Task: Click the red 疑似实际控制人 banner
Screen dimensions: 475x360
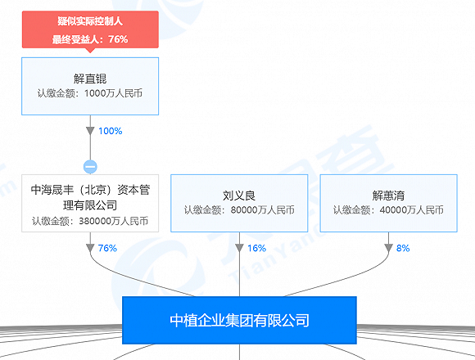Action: (90, 29)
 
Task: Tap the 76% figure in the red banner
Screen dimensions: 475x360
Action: (118, 39)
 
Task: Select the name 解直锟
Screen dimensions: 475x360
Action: (90, 79)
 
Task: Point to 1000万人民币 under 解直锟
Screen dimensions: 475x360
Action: (113, 93)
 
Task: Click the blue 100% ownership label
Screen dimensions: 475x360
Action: (111, 131)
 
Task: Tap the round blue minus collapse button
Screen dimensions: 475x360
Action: (90, 167)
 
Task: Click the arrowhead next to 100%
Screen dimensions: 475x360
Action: (90, 131)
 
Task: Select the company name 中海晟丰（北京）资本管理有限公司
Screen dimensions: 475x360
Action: (90, 197)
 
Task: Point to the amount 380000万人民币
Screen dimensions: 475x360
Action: (114, 221)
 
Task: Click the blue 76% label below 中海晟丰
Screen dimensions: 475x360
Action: (107, 248)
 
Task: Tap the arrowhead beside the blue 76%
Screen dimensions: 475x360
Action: (90, 248)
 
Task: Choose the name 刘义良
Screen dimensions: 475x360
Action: (239, 196)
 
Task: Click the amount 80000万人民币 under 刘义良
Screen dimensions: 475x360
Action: (262, 210)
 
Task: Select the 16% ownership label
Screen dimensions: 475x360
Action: (257, 248)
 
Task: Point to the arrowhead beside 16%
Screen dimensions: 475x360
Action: (239, 248)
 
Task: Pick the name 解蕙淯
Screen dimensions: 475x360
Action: (389, 196)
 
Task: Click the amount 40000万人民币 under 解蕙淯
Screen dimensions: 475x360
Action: (412, 210)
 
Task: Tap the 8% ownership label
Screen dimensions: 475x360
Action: (403, 248)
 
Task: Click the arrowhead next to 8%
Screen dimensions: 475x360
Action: (389, 248)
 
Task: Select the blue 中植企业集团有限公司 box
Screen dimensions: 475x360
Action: (239, 321)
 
